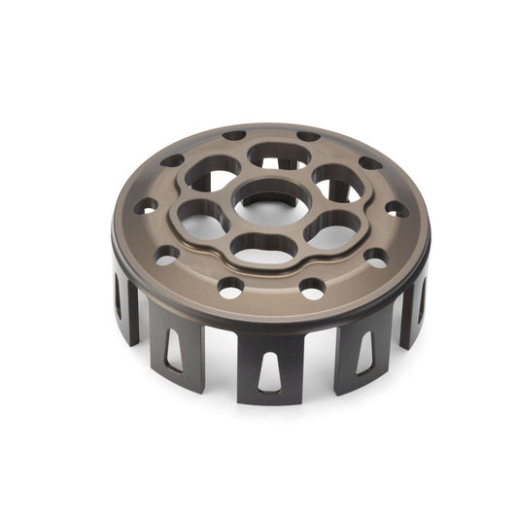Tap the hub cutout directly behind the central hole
pos(279,155)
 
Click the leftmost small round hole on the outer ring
pos(146,206)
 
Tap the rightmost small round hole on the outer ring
pos(397,210)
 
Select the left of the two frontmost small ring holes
pos(230,289)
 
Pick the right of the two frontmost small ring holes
pos(312,289)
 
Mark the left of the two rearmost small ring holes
pos(234,136)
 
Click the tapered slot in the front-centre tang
pos(271,368)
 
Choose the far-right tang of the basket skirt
pos(421,301)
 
